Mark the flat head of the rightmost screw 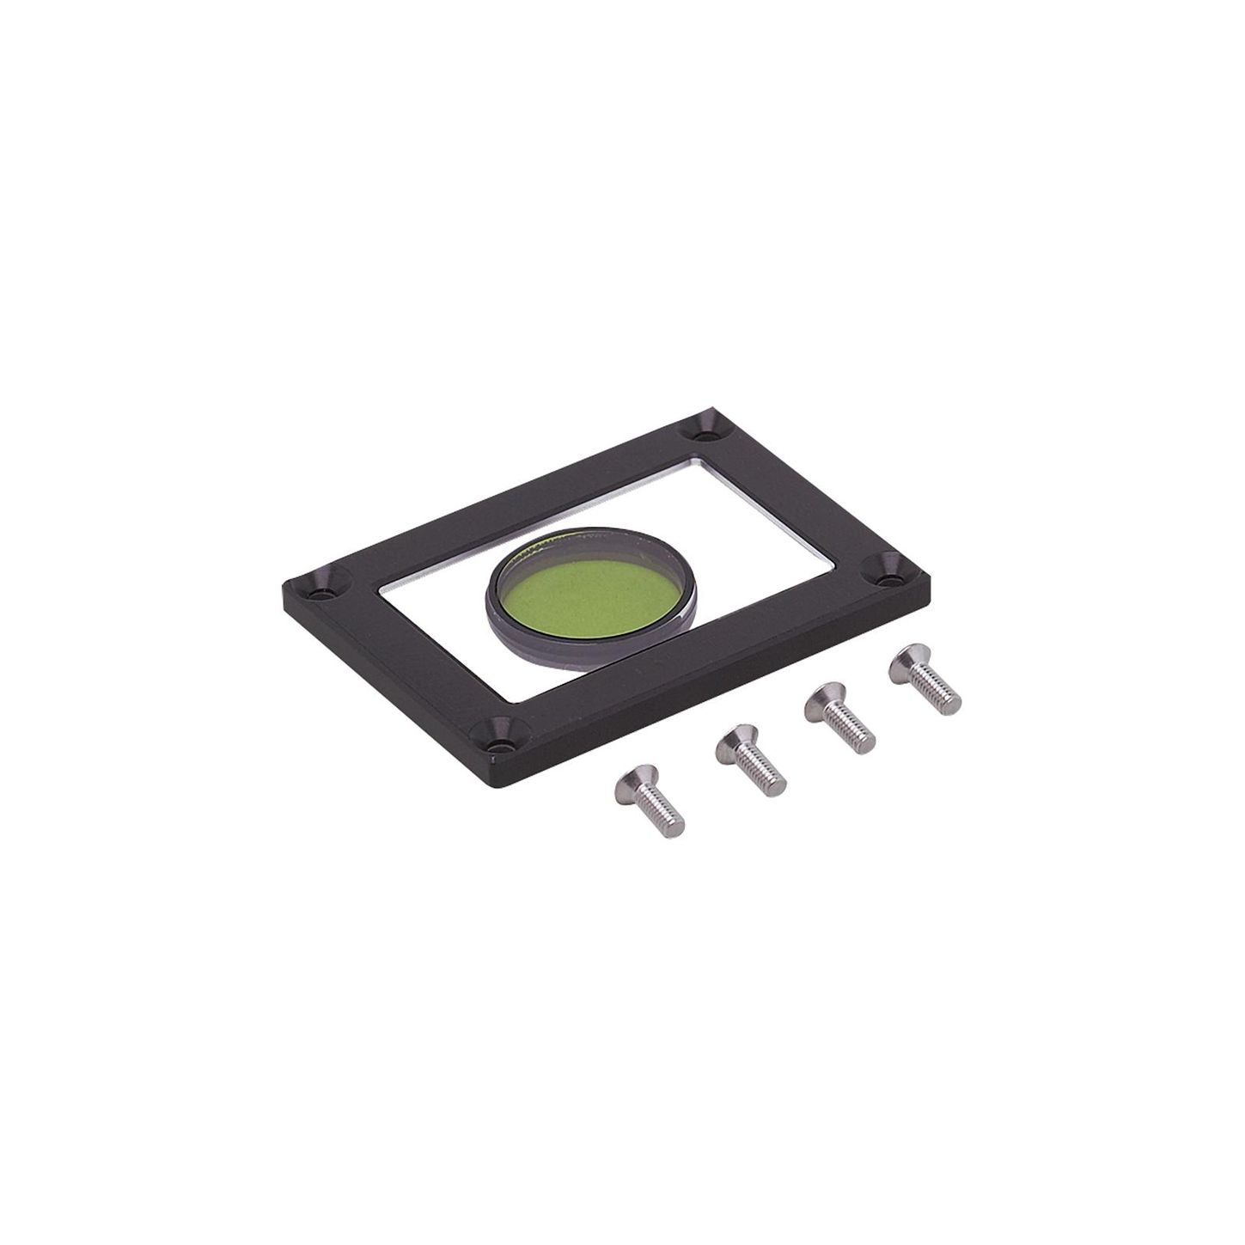pyautogui.click(x=908, y=661)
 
